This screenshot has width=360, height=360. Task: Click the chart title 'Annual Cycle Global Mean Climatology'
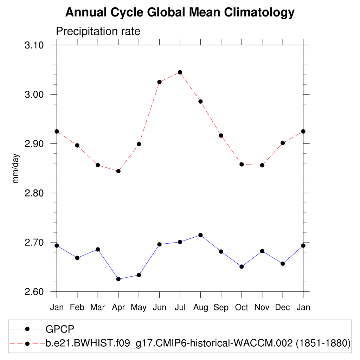coord(180,13)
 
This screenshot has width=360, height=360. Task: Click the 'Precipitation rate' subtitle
coord(98,31)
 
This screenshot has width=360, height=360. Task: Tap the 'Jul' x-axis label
coord(180,308)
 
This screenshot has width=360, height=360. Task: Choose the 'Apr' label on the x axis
coord(118,308)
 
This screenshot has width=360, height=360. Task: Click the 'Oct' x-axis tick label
coord(242,308)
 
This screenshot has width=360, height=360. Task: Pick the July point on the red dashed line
coord(180,72)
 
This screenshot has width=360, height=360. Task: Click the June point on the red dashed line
coord(159,82)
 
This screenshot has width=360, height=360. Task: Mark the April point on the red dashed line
coord(118,171)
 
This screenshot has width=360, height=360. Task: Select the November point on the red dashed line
coord(262,165)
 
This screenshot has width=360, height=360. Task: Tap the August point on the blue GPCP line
coord(200,235)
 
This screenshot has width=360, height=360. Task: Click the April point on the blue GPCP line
coord(118,279)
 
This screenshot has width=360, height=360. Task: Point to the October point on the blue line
coord(242,266)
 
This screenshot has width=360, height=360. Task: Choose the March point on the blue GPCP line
coord(98,249)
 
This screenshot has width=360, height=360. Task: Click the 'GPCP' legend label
coord(60,329)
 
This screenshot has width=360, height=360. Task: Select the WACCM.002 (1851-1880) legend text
coord(198,343)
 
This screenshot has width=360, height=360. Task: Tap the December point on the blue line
coord(283,263)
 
